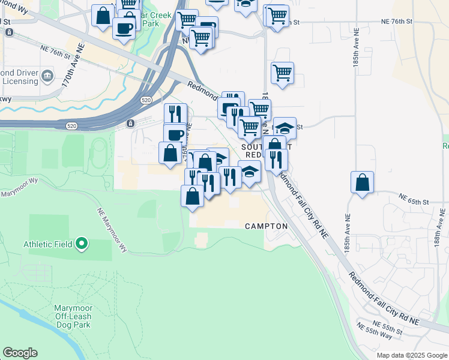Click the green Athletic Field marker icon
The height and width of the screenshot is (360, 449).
coord(82,244)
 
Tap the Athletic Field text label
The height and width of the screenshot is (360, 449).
coord(48,244)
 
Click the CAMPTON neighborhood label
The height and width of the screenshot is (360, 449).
coord(267,226)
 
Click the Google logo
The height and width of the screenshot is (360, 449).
coord(20,353)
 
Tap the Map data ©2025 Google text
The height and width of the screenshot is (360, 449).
coord(411,355)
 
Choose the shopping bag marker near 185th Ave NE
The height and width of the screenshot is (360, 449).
coord(363,182)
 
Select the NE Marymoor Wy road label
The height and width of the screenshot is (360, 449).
coord(113,228)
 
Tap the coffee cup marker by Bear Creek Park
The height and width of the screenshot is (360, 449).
coord(124,28)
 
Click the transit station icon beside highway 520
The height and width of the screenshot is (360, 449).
coord(130,124)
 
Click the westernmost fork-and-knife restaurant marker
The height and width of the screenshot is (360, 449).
coord(175,113)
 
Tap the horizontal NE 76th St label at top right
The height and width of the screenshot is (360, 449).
coord(398,21)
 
